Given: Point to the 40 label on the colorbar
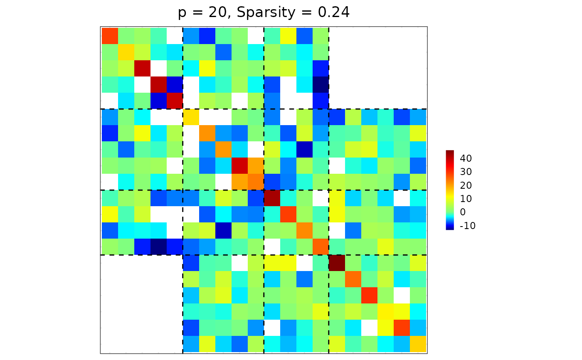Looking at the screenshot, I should (466, 158).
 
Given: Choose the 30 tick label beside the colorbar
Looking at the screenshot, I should (466, 172).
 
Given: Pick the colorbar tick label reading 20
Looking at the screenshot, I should (466, 185).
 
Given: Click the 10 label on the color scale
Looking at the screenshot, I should (466, 199).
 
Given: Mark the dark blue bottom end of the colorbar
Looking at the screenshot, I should (450, 228).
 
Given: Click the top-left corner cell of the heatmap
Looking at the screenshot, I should (110, 35).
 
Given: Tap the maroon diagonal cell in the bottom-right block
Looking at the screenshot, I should (337, 263).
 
